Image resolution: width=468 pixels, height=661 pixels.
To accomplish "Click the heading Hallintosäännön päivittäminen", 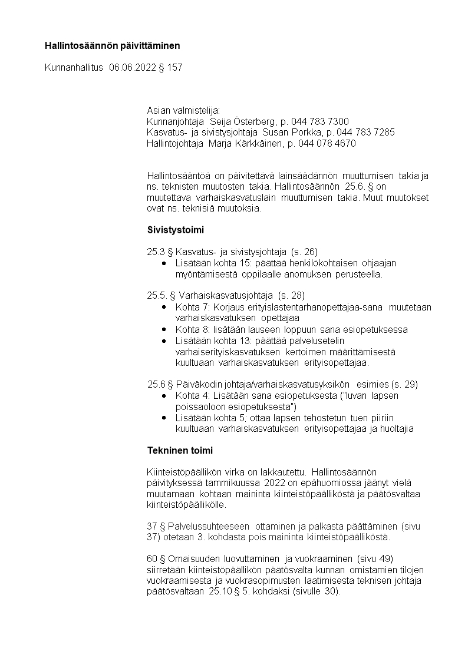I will coord(113,45).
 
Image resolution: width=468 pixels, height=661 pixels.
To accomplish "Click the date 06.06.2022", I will coord(133,68).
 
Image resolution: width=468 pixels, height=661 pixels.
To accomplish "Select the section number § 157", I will coord(170,68).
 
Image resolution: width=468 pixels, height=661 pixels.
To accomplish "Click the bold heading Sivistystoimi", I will coord(176,229).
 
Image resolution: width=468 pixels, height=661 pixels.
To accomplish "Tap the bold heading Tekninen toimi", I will coord(180,451).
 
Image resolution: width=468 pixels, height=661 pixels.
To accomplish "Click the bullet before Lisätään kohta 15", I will coord(164,263).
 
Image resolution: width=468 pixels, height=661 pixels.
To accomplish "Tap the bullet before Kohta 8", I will coord(164,329).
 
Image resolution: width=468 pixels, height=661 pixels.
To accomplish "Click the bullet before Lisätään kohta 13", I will coord(164,341).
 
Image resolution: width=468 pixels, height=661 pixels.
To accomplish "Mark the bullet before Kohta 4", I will coord(164,396).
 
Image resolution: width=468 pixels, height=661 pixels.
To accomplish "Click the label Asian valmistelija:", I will coord(183,110).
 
